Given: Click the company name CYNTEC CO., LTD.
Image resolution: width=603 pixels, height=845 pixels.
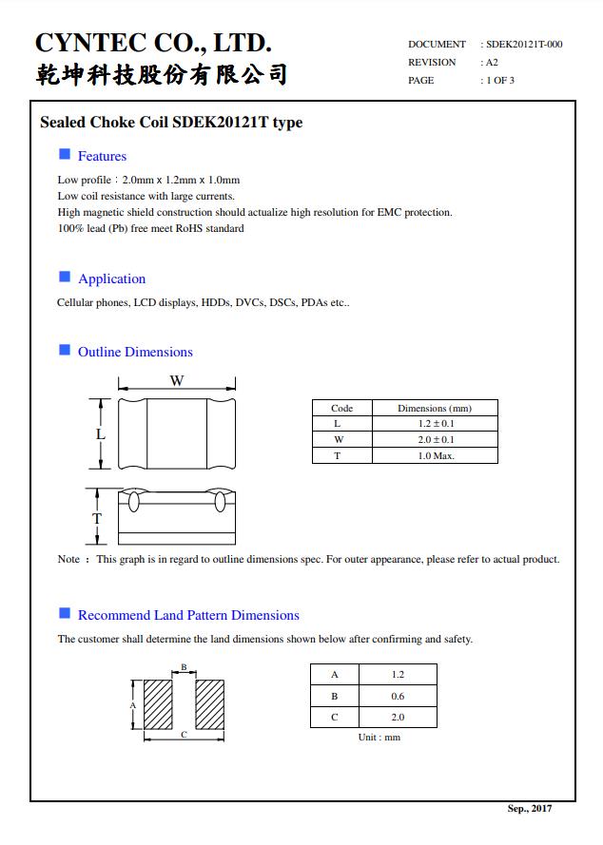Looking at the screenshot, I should [x=153, y=43].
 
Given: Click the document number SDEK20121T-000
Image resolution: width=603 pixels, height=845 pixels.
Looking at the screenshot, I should [x=524, y=44].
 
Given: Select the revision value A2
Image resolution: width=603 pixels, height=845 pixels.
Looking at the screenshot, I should [x=492, y=62].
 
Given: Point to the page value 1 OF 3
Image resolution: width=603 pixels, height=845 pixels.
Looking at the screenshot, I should [x=500, y=80].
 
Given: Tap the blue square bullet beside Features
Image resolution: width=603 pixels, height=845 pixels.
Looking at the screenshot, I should [x=65, y=155].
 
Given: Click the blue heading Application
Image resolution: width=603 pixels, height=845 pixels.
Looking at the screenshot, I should [x=111, y=278].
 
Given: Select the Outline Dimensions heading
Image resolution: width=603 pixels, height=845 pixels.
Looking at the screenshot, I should [x=135, y=352].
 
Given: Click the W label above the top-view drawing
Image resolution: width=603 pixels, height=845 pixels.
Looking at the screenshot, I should [x=177, y=381].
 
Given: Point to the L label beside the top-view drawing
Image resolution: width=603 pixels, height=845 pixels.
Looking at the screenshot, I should [x=101, y=434].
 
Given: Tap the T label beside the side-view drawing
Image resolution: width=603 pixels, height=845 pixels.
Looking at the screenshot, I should [x=96, y=518].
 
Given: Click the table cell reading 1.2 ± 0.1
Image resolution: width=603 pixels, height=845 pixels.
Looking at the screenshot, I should [x=436, y=423].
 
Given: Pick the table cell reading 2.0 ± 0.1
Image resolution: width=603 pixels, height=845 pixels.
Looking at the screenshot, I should [x=436, y=439].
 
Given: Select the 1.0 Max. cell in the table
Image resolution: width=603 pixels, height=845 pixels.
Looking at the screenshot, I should [x=436, y=455].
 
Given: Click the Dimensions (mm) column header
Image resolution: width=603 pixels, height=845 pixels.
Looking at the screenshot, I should [x=434, y=408].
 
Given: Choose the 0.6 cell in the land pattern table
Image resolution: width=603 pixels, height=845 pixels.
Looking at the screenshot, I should [x=398, y=696].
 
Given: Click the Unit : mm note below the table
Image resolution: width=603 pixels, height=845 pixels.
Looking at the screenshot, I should [x=379, y=738].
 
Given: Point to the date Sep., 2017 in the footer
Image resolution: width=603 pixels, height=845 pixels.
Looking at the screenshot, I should [x=529, y=808].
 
